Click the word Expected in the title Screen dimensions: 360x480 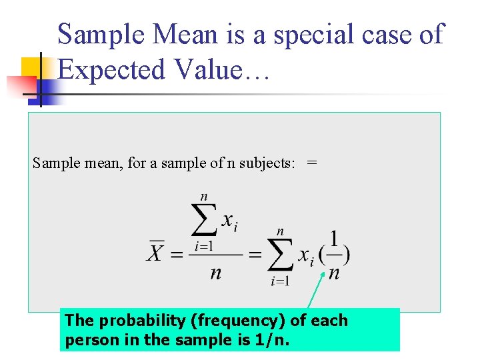(x=109, y=69)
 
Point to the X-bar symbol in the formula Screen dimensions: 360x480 (x=155, y=253)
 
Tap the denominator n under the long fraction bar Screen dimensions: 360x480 (x=215, y=273)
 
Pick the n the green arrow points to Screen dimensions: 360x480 (x=334, y=273)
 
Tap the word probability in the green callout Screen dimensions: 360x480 (x=142, y=321)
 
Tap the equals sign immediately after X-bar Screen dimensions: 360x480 (x=177, y=254)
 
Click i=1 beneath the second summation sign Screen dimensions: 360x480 (x=280, y=281)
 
